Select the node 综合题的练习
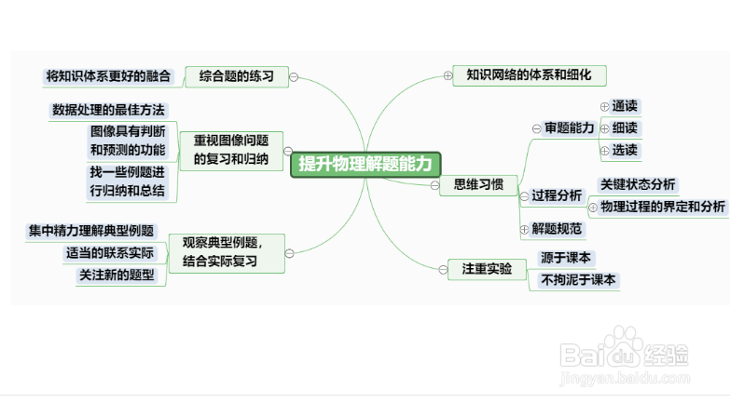pyautogui.click(x=236, y=76)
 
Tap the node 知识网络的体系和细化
pyautogui.click(x=530, y=74)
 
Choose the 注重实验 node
pyautogui.click(x=487, y=269)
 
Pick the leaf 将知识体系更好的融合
pyautogui.click(x=108, y=75)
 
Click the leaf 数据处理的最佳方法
pyautogui.click(x=108, y=110)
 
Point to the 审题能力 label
pyautogui.click(x=570, y=128)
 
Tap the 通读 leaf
pyautogui.click(x=626, y=107)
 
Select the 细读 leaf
pyautogui.click(x=626, y=128)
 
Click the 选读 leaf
pyautogui.click(x=626, y=149)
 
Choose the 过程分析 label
pyautogui.click(x=557, y=195)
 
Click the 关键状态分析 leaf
pyautogui.click(x=639, y=184)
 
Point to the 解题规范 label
pyautogui.click(x=557, y=228)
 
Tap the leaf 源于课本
pyautogui.click(x=567, y=258)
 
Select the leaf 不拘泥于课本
pyautogui.click(x=578, y=279)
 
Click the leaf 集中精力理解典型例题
pyautogui.click(x=90, y=231)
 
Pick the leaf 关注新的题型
pyautogui.click(x=117, y=275)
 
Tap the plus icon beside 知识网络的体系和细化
pyautogui.click(x=448, y=75)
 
